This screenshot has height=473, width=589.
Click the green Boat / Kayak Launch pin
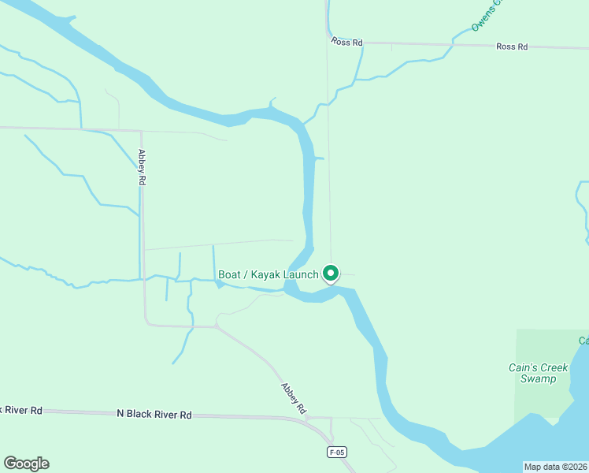tap(331, 273)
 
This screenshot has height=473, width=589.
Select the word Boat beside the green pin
tap(229, 274)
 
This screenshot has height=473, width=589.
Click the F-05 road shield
tap(337, 452)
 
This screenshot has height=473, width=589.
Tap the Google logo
tap(26, 464)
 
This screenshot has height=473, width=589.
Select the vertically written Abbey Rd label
tap(143, 167)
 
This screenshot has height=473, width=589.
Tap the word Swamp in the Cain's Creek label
tap(538, 379)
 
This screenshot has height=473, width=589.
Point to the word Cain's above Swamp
tap(522, 368)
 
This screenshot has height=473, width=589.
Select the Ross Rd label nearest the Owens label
tap(512, 47)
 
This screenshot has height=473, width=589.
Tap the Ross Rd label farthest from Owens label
tap(346, 41)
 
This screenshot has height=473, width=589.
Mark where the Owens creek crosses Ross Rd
tap(454, 45)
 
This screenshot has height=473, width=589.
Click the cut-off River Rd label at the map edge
tap(21, 411)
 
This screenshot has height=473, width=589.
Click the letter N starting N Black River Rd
tap(120, 414)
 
